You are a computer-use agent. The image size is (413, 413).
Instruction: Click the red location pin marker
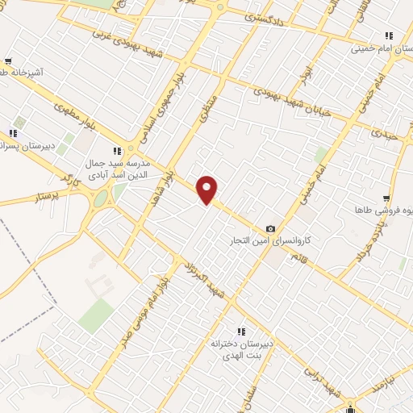click(207, 190)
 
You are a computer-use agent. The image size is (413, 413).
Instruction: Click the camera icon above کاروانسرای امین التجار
click(270, 228)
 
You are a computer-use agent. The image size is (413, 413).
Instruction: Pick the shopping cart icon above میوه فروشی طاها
click(387, 198)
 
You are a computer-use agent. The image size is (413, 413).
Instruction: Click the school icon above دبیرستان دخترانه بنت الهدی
click(240, 331)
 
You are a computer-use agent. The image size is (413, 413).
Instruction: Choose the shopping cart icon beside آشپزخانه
click(8, 61)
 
